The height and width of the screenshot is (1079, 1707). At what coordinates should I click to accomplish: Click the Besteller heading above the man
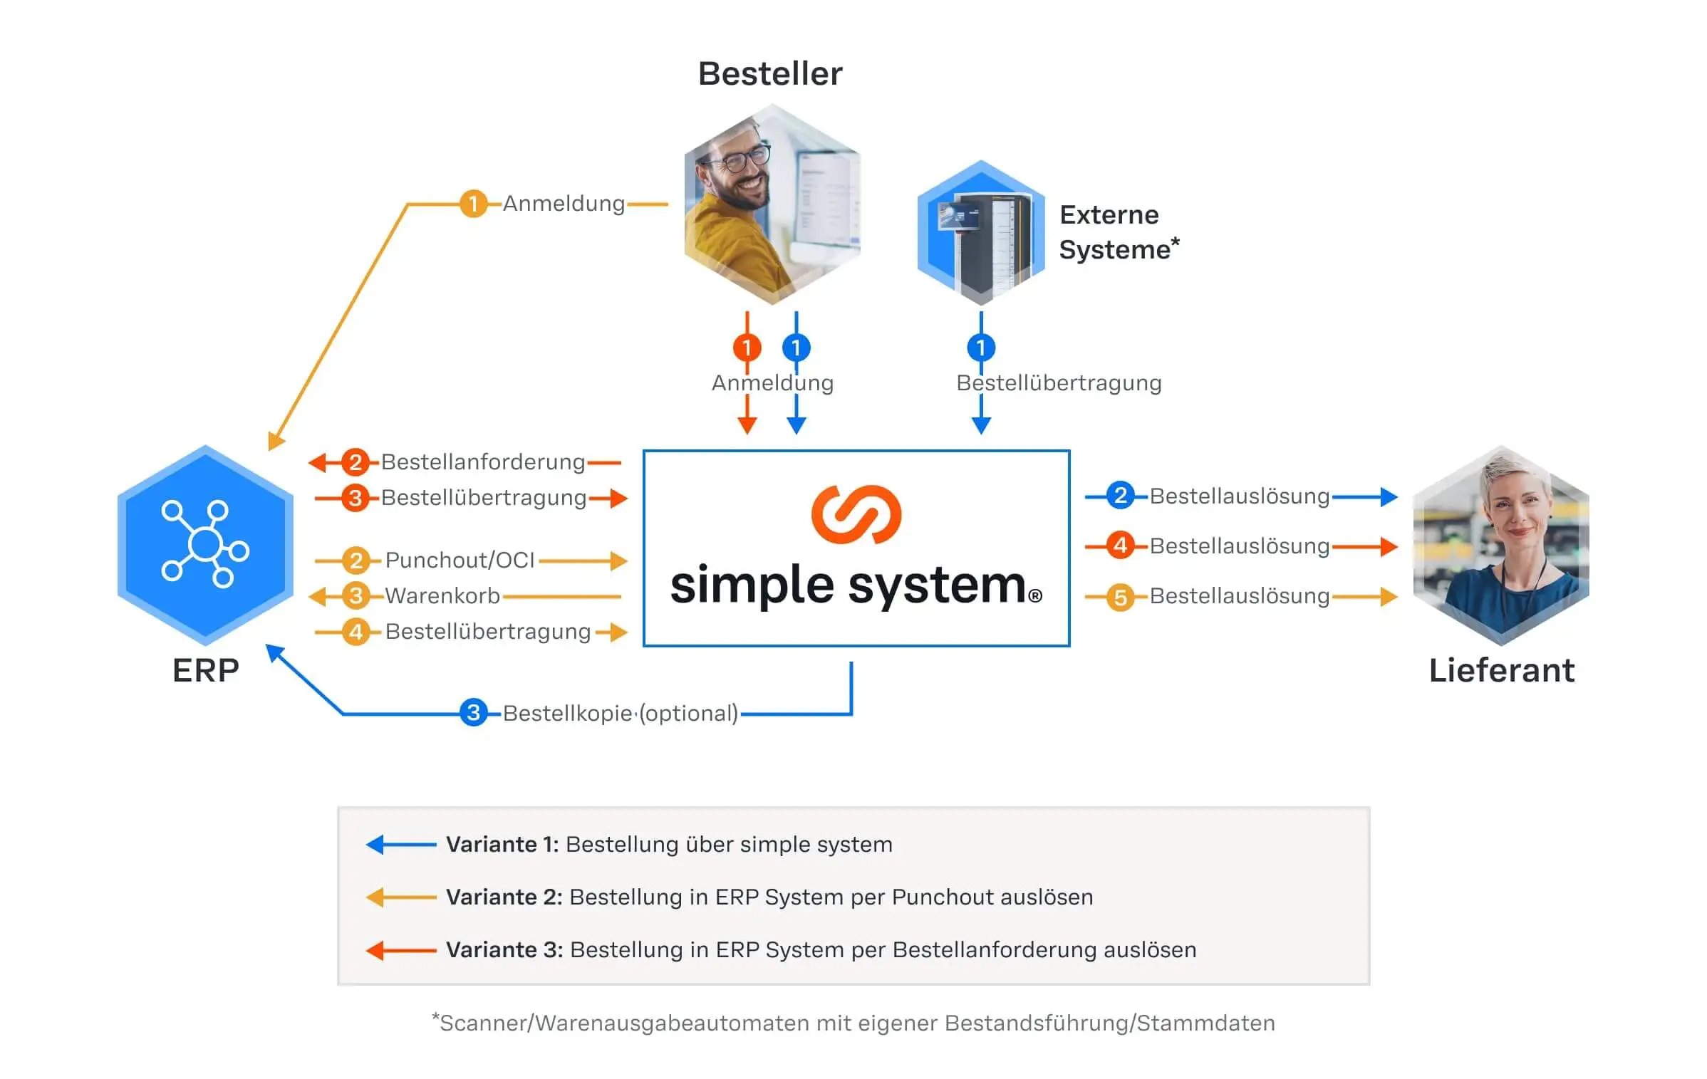[x=769, y=74]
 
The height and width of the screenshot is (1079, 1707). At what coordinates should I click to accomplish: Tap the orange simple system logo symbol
[x=856, y=514]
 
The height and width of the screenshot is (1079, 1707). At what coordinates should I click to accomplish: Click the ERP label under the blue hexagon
[x=205, y=670]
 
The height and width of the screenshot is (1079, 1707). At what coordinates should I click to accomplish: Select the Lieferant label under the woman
[x=1501, y=670]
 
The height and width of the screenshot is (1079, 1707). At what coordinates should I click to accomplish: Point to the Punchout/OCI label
[x=460, y=561]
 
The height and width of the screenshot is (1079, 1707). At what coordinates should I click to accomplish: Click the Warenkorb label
[x=442, y=595]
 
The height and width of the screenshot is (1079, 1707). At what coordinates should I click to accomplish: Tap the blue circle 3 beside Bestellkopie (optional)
[x=474, y=712]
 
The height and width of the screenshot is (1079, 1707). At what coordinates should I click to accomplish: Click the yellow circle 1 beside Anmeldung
[x=473, y=204]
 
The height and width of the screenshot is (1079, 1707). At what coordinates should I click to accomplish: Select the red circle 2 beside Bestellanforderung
[x=355, y=462]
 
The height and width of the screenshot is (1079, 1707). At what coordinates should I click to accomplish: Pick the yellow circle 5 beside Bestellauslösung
[x=1120, y=597]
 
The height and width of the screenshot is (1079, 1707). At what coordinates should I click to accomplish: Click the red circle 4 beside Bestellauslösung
[x=1120, y=546]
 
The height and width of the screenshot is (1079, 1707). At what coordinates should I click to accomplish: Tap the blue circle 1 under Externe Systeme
[x=981, y=348]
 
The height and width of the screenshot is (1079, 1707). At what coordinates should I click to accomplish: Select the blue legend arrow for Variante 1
[x=400, y=845]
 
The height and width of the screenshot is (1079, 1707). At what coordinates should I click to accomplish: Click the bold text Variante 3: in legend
[x=504, y=950]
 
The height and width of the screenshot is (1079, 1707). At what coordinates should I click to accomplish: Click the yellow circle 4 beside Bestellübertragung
[x=356, y=632]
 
